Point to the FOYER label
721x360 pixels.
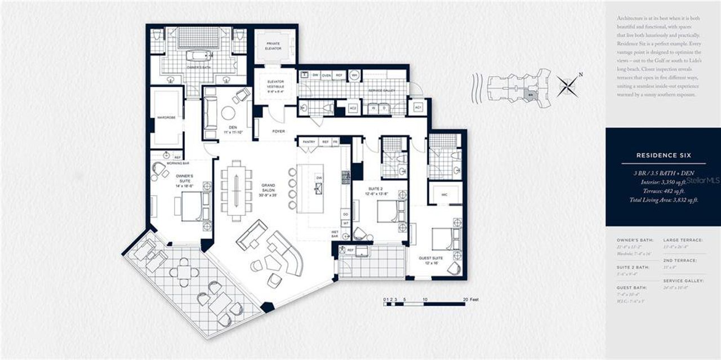[278, 131]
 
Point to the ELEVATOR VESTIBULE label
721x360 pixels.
[275, 85]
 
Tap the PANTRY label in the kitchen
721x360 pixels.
[309, 142]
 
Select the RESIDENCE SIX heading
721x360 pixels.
[663, 155]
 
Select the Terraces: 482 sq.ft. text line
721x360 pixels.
[664, 191]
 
